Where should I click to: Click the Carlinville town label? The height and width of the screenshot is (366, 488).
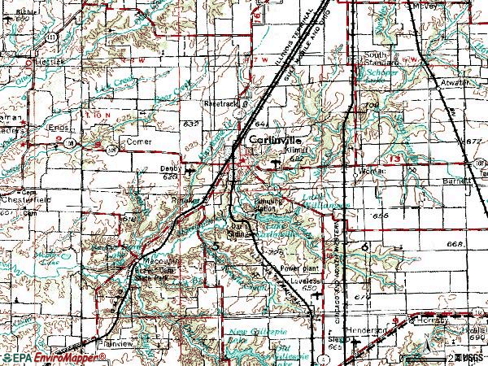[x=271, y=140]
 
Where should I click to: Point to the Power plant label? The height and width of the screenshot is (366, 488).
[x=297, y=267]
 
